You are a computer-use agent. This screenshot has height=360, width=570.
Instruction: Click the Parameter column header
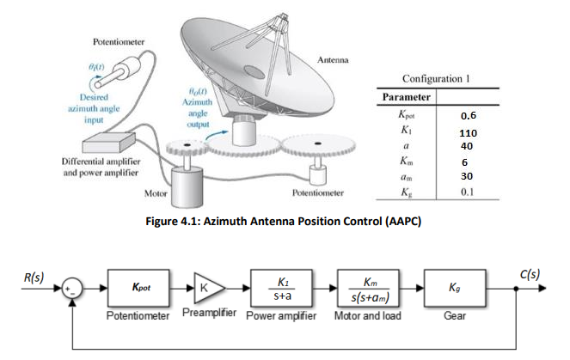[x=404, y=97]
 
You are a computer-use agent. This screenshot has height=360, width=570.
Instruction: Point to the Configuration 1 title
[x=438, y=78]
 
